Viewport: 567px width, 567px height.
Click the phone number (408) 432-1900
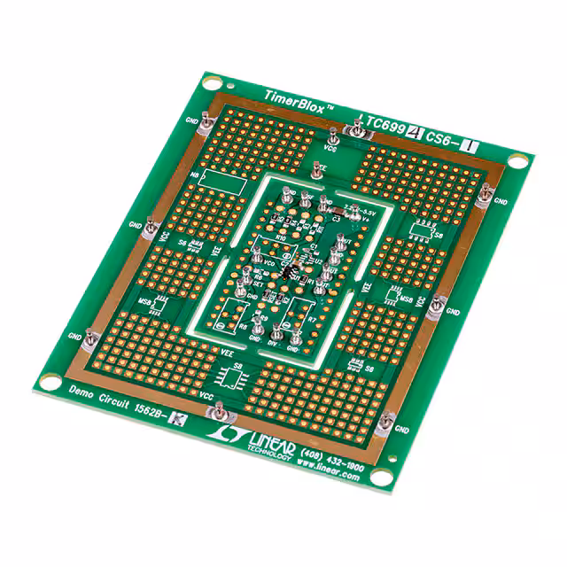click(330, 456)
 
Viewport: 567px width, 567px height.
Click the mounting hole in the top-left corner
click(209, 83)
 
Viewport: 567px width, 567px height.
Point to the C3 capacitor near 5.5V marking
click(336, 216)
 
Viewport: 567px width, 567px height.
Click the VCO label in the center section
click(268, 263)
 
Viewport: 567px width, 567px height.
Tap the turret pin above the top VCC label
click(332, 137)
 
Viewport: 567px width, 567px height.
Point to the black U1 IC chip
click(293, 271)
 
